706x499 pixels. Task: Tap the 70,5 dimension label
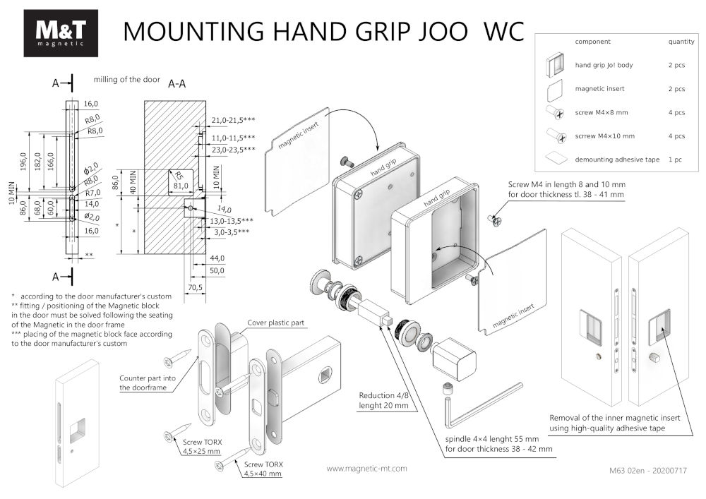tap(196, 287)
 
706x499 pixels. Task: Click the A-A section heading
tap(177, 84)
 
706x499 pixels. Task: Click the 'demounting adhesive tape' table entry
tap(617, 160)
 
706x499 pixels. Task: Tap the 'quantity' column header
tap(681, 42)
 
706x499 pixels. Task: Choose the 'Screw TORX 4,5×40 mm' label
tap(263, 469)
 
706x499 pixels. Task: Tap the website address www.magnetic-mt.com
tap(367, 468)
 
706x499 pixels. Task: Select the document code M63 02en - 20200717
tap(647, 469)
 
